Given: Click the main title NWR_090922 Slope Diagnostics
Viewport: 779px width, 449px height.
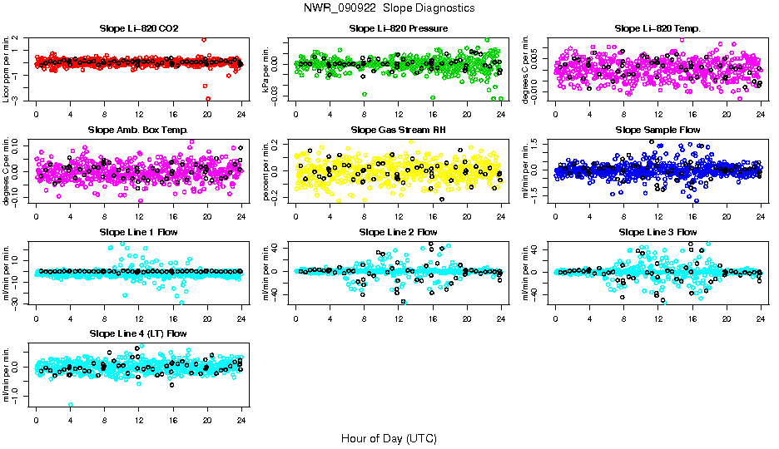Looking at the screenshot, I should click(389, 7).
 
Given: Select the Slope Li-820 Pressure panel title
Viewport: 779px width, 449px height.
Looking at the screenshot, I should click(399, 29).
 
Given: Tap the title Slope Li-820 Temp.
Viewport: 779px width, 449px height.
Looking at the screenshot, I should click(657, 29).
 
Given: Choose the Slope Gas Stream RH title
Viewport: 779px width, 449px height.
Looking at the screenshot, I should click(399, 131).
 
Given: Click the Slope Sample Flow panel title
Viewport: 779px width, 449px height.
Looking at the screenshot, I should click(657, 131).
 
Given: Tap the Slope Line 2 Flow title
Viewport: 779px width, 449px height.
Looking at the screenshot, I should click(399, 232).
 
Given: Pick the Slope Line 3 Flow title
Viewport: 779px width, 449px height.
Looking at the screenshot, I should click(657, 232).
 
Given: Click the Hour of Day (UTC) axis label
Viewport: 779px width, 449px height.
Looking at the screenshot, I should click(389, 438).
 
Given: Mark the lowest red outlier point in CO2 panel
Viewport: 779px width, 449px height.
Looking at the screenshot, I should click(208, 98).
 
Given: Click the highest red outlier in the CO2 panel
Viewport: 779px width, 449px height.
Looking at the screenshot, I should click(204, 39).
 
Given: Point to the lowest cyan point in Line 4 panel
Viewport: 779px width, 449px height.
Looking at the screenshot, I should click(71, 405).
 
